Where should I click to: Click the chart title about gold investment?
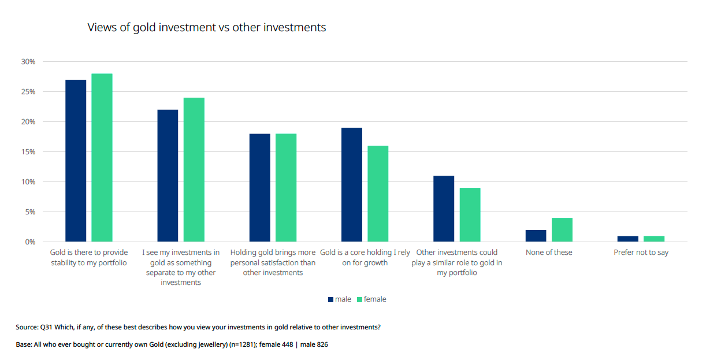click(x=206, y=27)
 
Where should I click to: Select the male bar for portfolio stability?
click(x=76, y=161)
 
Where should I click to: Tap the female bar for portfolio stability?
click(x=102, y=158)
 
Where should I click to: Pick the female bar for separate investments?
click(x=194, y=169)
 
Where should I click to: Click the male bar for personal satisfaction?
click(x=259, y=188)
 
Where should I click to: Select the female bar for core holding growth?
click(x=378, y=194)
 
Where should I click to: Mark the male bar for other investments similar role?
click(x=444, y=209)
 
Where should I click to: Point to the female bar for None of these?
click(x=562, y=230)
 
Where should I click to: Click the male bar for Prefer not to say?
click(x=628, y=239)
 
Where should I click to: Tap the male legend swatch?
click(x=331, y=299)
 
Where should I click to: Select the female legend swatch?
click(x=359, y=299)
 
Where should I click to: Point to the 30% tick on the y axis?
click(x=28, y=62)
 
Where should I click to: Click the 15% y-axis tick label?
click(x=28, y=152)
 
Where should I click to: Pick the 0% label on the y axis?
click(x=29, y=242)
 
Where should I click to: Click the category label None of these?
click(x=549, y=253)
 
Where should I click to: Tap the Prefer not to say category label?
click(x=641, y=253)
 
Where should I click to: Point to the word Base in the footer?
click(x=24, y=344)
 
